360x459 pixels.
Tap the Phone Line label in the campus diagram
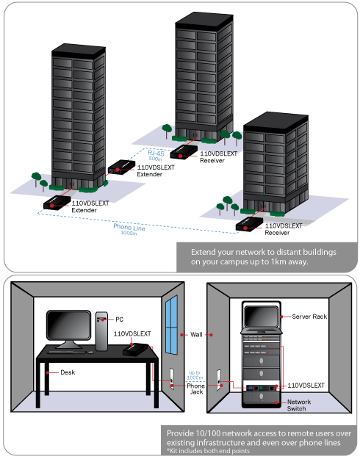point(129,227)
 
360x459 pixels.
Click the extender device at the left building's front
point(57,203)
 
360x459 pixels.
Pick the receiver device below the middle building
point(184,153)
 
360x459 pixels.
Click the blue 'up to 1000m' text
point(195,376)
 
